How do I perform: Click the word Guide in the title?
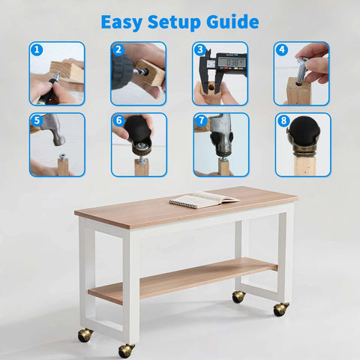click(232, 22)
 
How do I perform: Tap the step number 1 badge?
click(37, 49)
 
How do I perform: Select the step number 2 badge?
click(118, 49)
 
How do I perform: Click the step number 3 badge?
click(200, 49)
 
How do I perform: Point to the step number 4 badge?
click(282, 49)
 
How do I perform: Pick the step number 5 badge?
click(37, 120)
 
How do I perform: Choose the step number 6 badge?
click(118, 120)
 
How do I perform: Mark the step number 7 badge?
click(200, 120)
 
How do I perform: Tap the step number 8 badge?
click(282, 120)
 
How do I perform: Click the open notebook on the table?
click(202, 199)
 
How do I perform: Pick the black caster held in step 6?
click(139, 132)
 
